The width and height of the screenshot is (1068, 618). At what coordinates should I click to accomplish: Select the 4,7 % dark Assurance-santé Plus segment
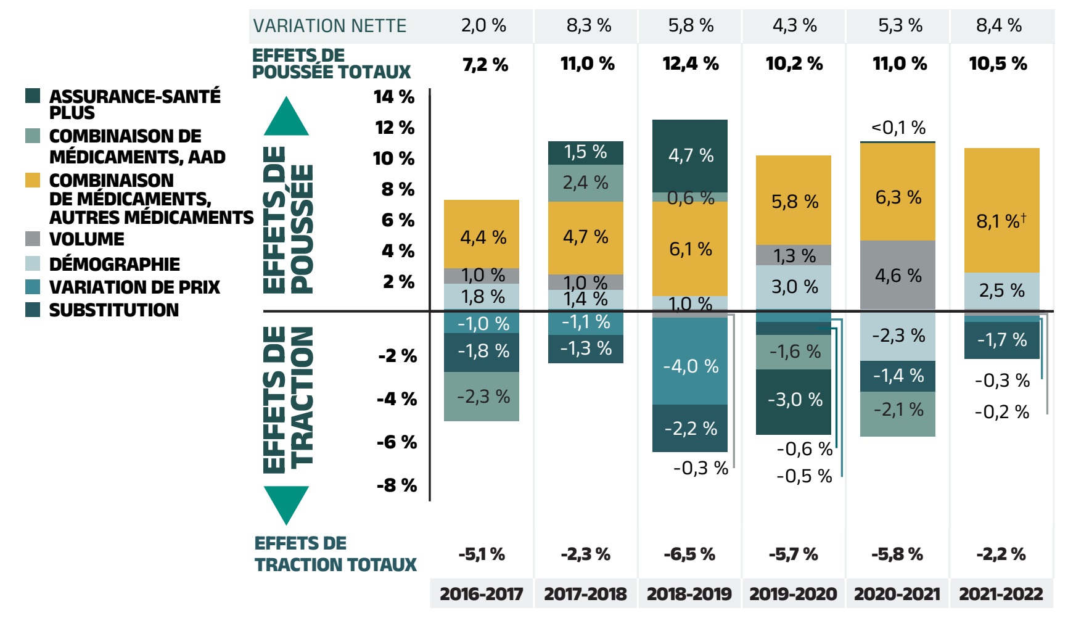[x=690, y=155]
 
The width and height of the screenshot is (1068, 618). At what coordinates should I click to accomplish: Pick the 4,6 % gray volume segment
[x=898, y=275]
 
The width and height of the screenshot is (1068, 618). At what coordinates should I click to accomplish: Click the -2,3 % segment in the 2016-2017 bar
[x=482, y=397]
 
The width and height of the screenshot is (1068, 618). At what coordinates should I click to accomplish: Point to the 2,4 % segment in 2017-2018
[x=585, y=183]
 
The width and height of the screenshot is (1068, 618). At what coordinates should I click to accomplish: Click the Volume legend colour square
[x=33, y=239]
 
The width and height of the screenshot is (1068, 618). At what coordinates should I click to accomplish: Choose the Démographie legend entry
[x=114, y=264]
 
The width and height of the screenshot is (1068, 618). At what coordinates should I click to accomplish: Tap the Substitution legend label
[x=113, y=310]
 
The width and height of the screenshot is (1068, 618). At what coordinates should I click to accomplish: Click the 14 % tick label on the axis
[x=394, y=97]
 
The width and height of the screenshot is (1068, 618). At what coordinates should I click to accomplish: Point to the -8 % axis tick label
[x=396, y=485]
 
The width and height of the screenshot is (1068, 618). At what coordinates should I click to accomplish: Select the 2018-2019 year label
[x=689, y=594]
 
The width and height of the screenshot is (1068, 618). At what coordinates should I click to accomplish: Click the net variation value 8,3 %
[x=588, y=26]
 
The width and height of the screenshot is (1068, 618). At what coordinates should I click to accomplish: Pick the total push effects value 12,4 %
[x=690, y=64]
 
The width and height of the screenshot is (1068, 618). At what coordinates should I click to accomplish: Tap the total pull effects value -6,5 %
[x=689, y=554]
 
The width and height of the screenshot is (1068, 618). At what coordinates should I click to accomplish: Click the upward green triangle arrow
[x=286, y=118]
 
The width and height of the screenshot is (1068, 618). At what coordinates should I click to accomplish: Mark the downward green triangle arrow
[x=286, y=503]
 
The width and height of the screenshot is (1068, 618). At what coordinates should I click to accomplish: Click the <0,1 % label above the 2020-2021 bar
[x=898, y=128]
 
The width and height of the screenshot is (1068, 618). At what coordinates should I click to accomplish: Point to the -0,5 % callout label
[x=804, y=476]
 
